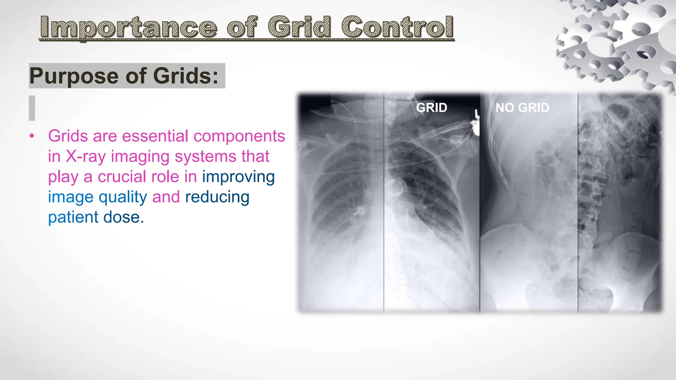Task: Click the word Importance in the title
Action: click(129, 28)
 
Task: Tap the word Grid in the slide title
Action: click(299, 27)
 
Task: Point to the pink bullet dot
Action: click(32, 136)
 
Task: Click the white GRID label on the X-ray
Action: click(431, 108)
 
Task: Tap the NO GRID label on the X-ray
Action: click(522, 108)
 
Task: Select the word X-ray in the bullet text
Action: click(85, 156)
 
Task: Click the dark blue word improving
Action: click(238, 177)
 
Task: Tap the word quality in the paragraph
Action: click(123, 197)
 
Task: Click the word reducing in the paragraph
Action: click(217, 197)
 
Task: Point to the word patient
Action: click(73, 217)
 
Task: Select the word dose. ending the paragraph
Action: click(124, 217)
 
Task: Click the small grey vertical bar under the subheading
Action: click(32, 108)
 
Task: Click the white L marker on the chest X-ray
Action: click(476, 115)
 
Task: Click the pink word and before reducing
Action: click(166, 197)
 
